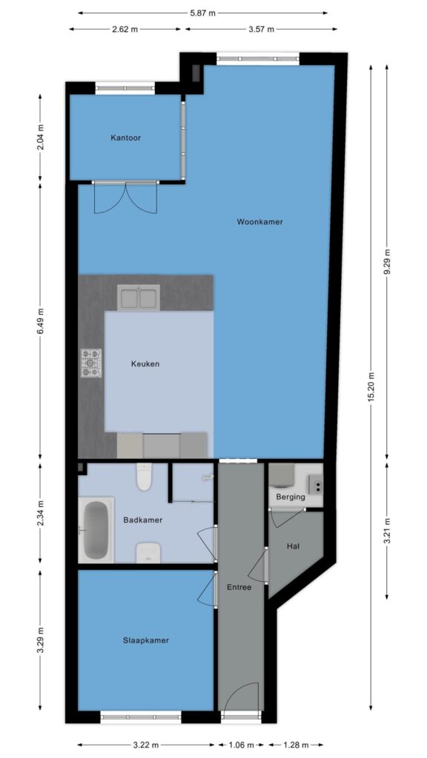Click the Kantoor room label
pos(125,138)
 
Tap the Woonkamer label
pos(259,222)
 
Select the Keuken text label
pos(145,364)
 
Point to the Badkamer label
pos(143,520)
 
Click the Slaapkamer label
pos(146,640)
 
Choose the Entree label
pos(239,587)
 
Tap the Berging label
pos(291,497)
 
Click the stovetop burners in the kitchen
pos(90,363)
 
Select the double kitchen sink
pos(139,298)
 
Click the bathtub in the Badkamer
pos(96,530)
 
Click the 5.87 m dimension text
pos(203,13)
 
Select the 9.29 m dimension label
pos(387,263)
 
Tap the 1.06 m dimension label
pos(241,745)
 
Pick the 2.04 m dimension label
pos(40,138)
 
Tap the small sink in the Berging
pos(315,483)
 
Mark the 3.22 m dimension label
pos(146,745)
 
